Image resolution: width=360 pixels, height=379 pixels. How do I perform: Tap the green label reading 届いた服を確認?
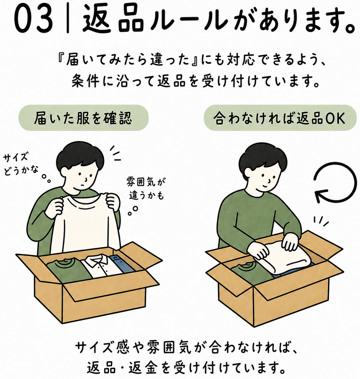[x=83, y=118]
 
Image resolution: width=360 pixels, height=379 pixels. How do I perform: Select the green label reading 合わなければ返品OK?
[x=280, y=118]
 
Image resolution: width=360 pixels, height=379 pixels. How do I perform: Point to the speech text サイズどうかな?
[x=21, y=164]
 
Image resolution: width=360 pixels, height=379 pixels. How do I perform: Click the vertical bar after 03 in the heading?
[x=68, y=20]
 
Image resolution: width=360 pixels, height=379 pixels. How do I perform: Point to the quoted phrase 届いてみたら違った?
[x=127, y=60]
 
